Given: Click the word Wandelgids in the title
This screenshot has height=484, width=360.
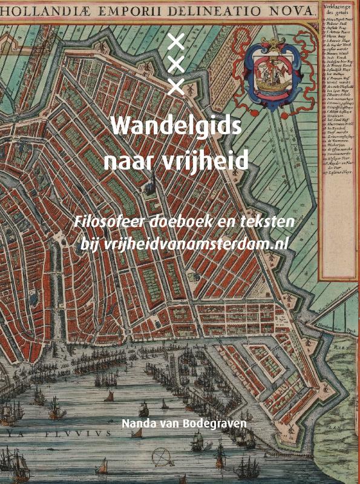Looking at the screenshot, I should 176,128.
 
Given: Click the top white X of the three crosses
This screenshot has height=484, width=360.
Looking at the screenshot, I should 175,42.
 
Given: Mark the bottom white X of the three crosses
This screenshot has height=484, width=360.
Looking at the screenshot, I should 175,87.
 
